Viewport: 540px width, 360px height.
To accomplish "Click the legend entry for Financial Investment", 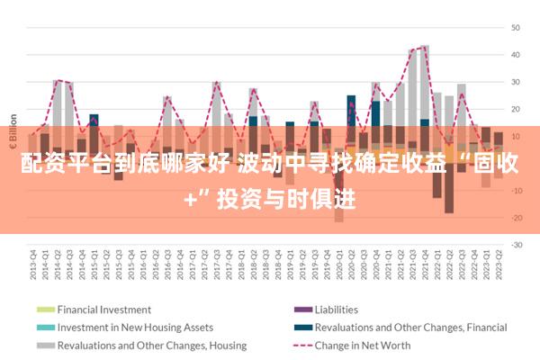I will [x=104, y=310].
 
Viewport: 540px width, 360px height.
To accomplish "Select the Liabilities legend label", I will [x=337, y=310].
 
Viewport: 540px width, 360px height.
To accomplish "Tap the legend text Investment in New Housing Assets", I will [x=135, y=328].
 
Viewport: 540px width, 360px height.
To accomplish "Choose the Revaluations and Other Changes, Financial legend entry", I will [x=411, y=328].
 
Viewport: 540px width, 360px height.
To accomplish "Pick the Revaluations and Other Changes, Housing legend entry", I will [x=152, y=346].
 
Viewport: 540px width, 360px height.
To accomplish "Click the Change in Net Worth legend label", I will [x=363, y=346].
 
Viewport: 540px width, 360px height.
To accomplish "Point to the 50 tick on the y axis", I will [x=517, y=27].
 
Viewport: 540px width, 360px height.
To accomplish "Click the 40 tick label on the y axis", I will [x=517, y=54].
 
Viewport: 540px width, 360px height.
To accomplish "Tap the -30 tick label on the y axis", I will [x=517, y=245].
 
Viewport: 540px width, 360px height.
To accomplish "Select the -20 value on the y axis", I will [x=517, y=218].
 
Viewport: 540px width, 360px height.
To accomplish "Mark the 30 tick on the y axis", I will [x=517, y=82].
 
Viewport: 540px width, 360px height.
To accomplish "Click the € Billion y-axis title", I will [x=13, y=135].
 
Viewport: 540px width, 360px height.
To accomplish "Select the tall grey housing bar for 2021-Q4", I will [x=425, y=81].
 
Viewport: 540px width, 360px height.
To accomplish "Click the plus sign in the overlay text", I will [x=190, y=200].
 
